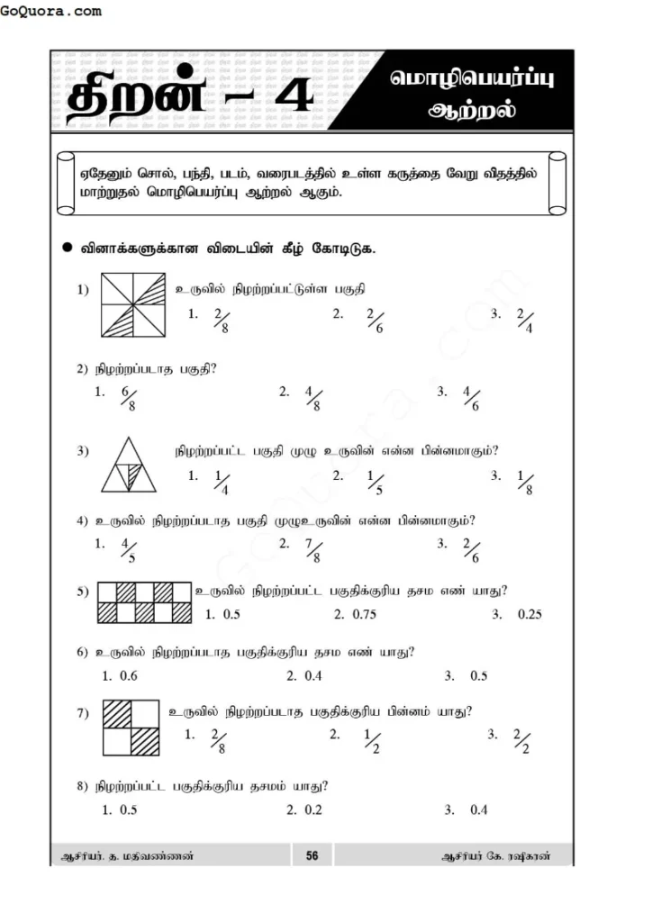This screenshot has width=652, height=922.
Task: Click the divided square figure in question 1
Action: (x=133, y=306)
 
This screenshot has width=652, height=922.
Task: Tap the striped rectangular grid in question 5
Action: (x=143, y=603)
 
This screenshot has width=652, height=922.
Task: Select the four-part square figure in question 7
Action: (x=131, y=729)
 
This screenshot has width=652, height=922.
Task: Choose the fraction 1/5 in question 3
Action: (x=376, y=482)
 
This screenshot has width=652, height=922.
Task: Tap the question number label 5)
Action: (x=83, y=592)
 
